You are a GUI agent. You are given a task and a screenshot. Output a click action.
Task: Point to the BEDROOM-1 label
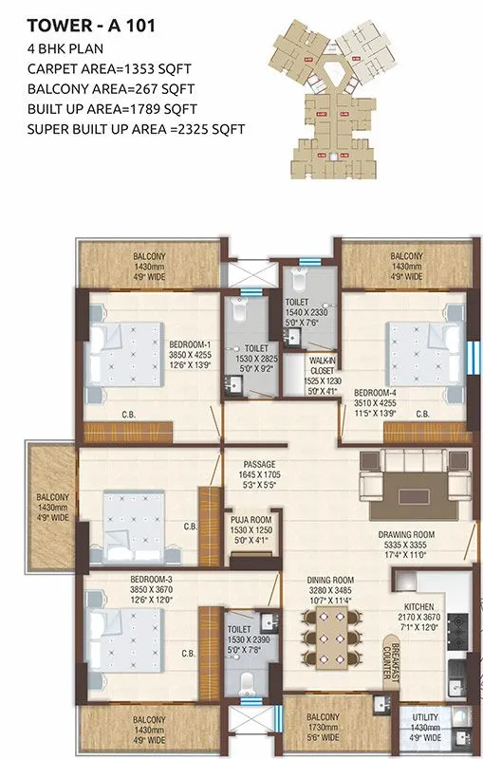[190, 343]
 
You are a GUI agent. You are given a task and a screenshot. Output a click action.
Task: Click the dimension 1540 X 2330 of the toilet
[305, 311]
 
